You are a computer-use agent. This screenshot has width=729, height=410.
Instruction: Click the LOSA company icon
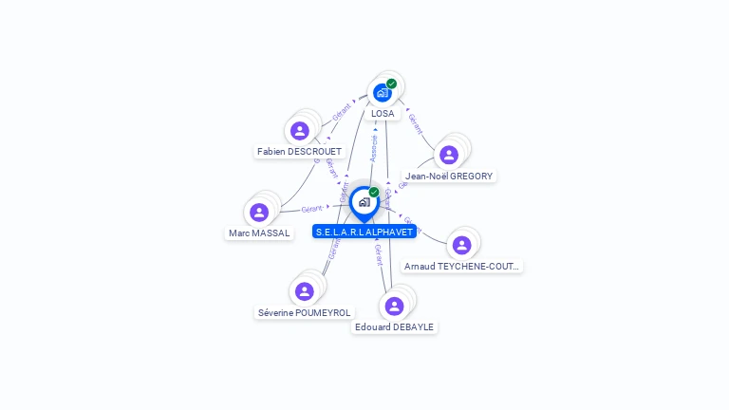382,92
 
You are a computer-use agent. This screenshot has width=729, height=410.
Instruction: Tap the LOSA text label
383,114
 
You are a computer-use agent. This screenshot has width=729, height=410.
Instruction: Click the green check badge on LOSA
391,84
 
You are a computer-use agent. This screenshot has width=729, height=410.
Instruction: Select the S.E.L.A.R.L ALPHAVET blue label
364,232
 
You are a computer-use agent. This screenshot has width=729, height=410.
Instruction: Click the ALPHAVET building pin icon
364,202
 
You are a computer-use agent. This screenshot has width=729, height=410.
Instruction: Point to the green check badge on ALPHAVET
374,192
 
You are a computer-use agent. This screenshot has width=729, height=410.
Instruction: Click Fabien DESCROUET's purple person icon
300,131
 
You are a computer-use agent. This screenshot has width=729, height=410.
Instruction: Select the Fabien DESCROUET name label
299,152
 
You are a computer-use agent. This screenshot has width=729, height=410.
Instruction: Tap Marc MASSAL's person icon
259,213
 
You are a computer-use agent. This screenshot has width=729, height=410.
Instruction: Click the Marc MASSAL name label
259,233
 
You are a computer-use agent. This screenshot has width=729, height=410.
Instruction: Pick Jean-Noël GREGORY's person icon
449,155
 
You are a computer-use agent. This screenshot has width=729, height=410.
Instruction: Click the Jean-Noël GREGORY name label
449,176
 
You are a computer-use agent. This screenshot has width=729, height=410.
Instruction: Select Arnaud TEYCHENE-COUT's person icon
462,245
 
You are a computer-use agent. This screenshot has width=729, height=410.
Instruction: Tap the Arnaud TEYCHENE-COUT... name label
462,267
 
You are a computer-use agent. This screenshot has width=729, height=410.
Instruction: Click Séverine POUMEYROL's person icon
304,291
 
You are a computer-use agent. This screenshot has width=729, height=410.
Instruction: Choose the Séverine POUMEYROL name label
304,312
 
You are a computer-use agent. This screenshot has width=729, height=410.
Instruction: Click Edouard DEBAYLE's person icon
394,306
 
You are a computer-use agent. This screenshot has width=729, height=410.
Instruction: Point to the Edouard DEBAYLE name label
394,327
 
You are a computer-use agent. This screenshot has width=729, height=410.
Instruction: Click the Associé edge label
374,147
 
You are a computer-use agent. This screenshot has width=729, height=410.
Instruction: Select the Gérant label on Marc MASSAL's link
312,208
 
